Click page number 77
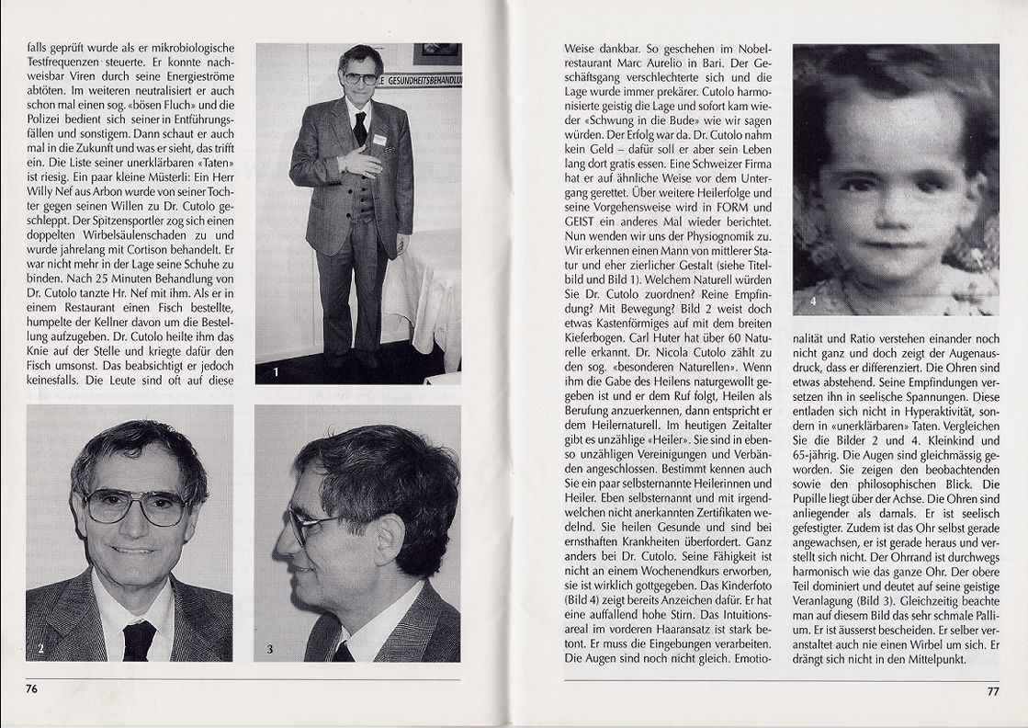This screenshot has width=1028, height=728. [x=992, y=691]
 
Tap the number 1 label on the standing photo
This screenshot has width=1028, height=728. [x=275, y=372]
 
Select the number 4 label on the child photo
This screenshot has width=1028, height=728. [x=812, y=301]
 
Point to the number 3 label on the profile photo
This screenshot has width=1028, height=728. [x=269, y=649]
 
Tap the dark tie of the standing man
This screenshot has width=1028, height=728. [x=360, y=128]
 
